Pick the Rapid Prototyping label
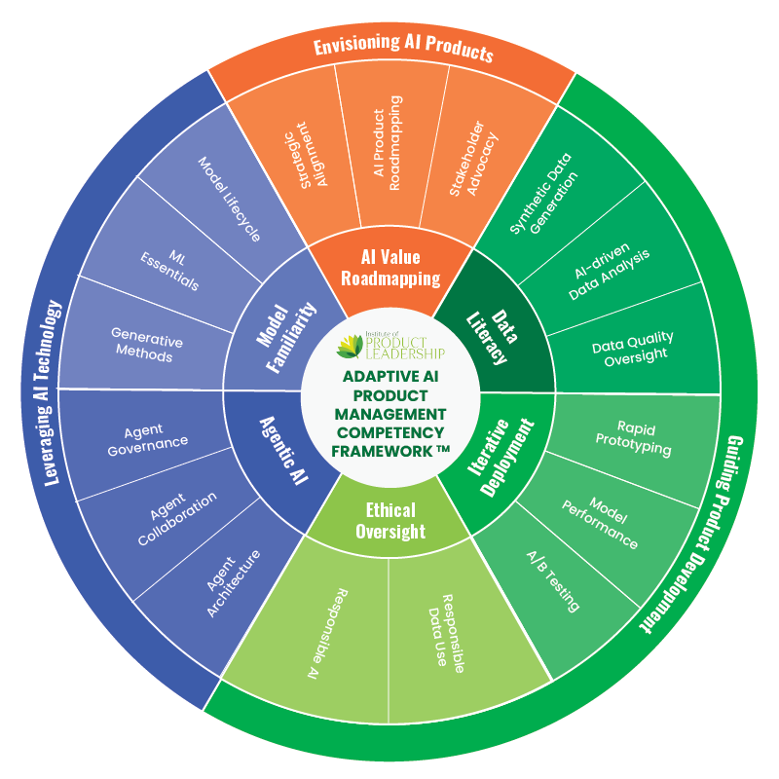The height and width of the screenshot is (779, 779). click(x=631, y=437)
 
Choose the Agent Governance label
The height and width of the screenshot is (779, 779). click(x=156, y=435)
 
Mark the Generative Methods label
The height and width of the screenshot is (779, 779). click(x=146, y=345)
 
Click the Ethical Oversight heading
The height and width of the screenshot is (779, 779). click(x=390, y=520)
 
